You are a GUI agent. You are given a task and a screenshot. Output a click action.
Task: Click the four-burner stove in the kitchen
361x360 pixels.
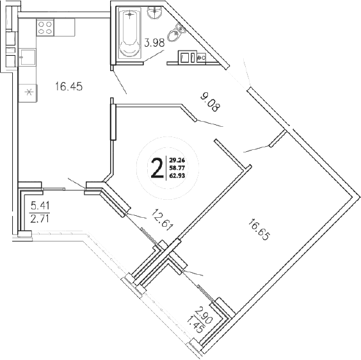click(45, 27)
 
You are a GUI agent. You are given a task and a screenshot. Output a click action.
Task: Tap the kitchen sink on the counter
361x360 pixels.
click(28, 58)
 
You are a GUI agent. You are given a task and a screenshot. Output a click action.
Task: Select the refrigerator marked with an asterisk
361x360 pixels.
click(28, 91)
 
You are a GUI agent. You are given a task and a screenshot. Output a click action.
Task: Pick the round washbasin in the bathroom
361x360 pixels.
click(154, 13)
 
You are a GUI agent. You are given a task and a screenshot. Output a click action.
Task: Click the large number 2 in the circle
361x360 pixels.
click(156, 168)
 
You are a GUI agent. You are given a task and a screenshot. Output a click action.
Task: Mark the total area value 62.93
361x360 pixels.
click(176, 176)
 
